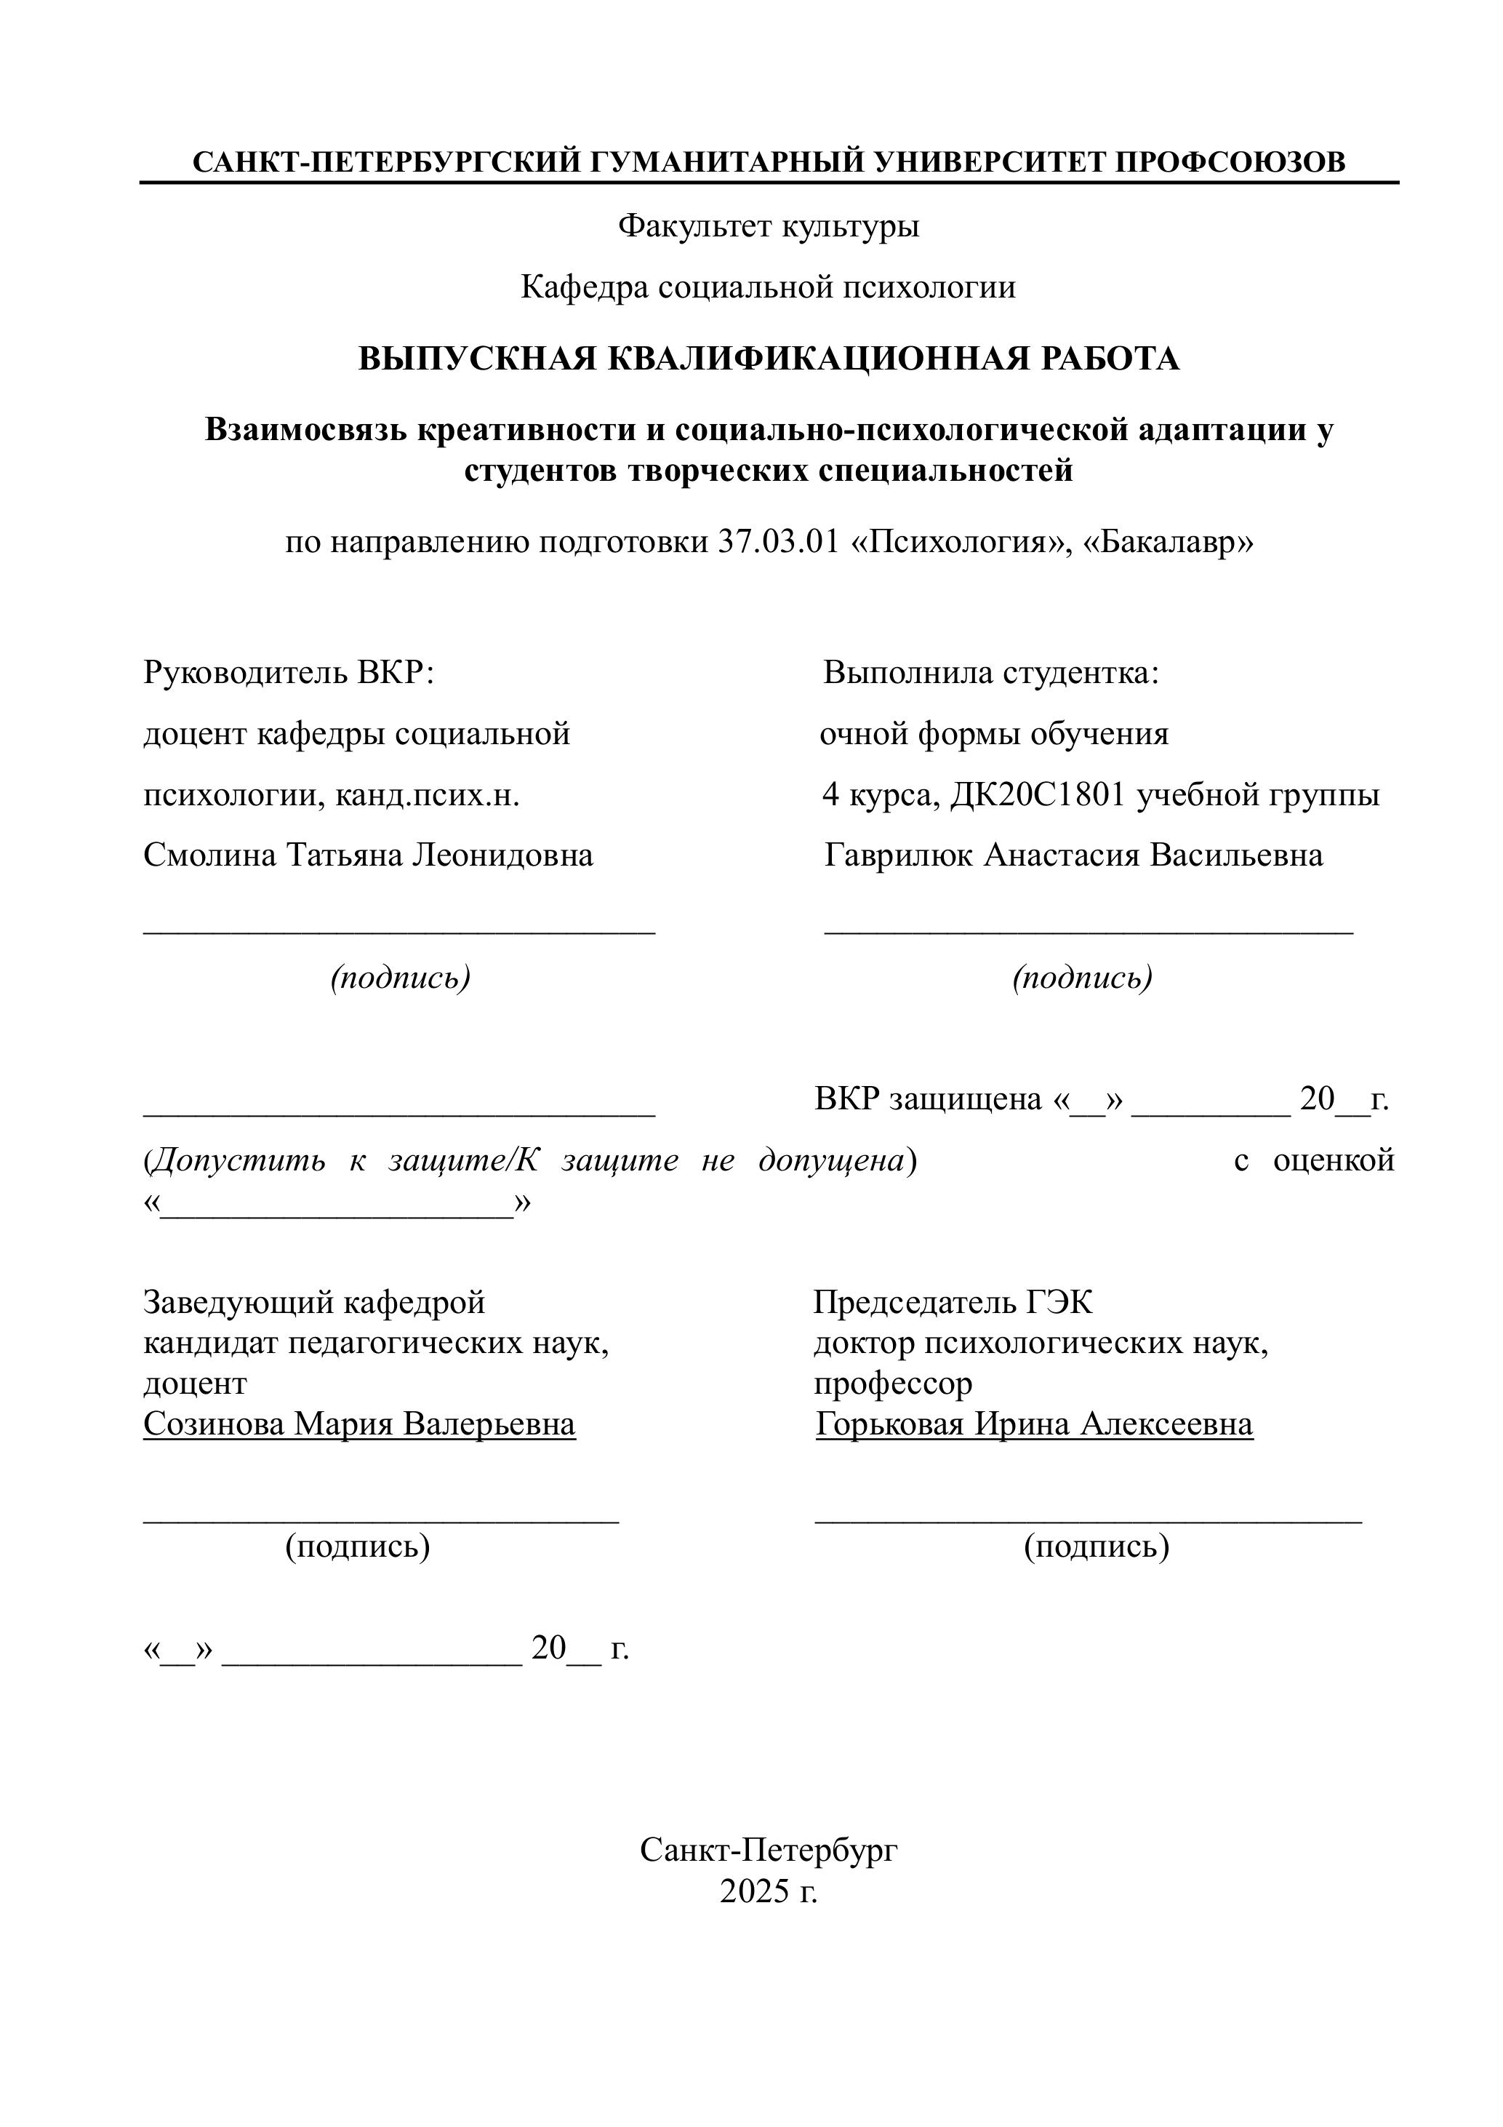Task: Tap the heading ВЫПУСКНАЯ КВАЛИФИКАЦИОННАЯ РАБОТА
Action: (x=769, y=359)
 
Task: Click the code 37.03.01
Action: (x=778, y=542)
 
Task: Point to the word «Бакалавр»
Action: (x=1168, y=542)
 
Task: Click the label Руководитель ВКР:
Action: (x=289, y=673)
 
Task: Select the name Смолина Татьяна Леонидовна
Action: (x=368, y=855)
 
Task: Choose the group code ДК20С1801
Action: (x=1037, y=795)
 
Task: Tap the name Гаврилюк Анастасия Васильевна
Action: (x=1073, y=855)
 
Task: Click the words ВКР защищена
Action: (x=928, y=1100)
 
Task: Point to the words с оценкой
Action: (x=1313, y=1160)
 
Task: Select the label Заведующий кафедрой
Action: (x=314, y=1303)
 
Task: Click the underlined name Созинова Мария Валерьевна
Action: (x=359, y=1424)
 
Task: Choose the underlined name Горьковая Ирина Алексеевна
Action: (x=1033, y=1424)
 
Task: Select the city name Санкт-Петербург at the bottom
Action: (x=769, y=1851)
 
